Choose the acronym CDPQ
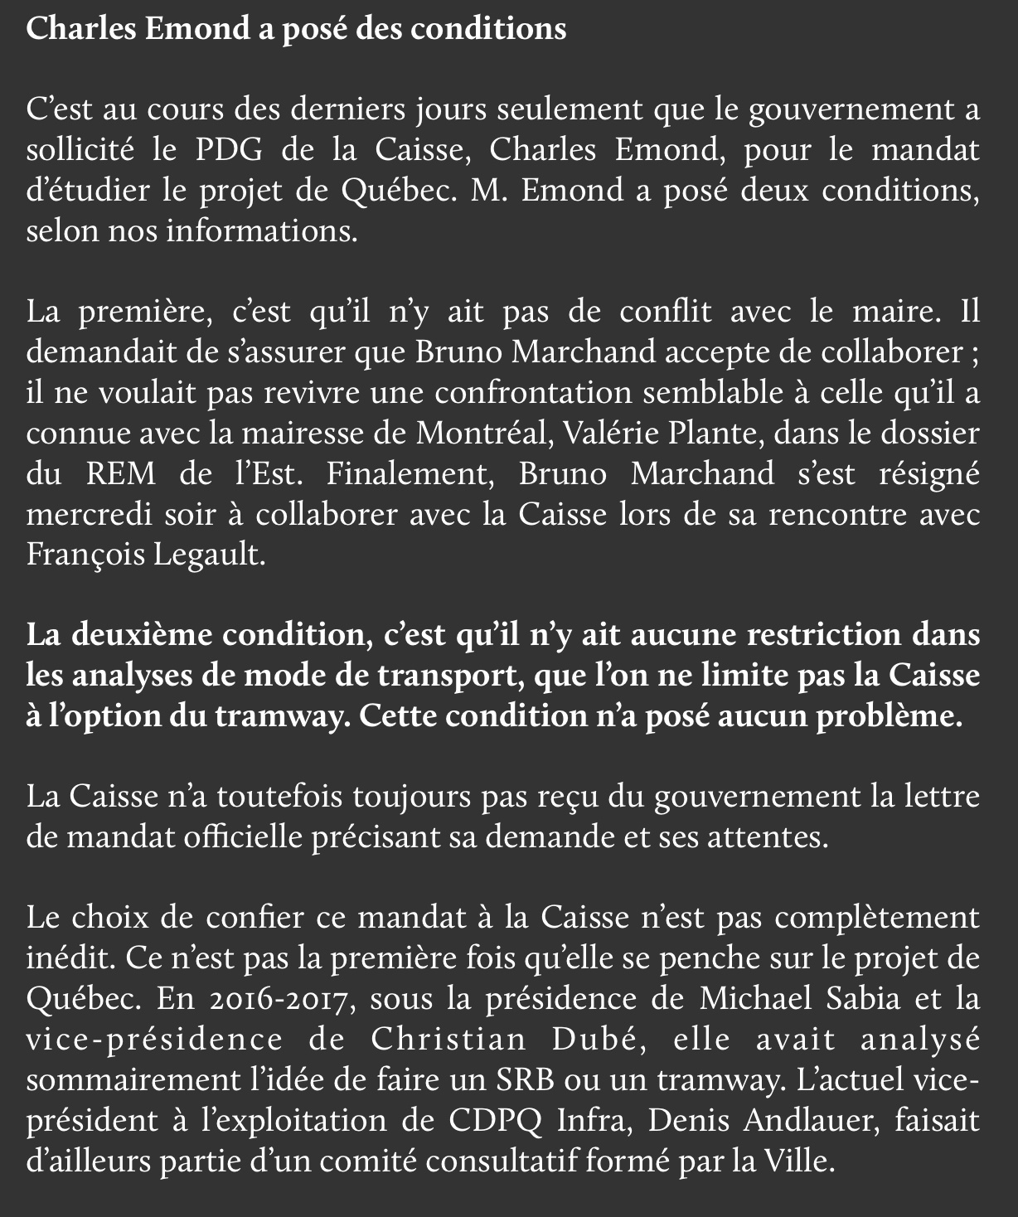pos(496,1121)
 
